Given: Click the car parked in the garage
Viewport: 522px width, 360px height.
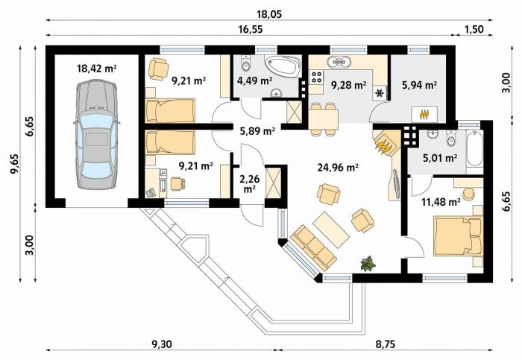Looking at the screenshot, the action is click(96, 134).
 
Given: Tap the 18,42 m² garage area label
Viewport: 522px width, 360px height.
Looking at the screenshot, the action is click(96, 69).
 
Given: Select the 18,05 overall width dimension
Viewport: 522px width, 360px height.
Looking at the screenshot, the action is click(269, 14).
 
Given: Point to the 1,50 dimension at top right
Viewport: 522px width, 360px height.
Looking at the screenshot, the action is click(474, 29).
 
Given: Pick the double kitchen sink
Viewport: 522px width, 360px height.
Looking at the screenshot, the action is click(339, 62).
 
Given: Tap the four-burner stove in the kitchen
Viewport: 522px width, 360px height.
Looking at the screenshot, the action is click(316, 78).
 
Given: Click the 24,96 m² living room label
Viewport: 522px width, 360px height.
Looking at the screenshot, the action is click(338, 168).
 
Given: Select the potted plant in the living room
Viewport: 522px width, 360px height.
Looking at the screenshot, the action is click(368, 264).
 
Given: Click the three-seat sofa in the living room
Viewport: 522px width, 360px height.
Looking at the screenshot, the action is click(313, 247).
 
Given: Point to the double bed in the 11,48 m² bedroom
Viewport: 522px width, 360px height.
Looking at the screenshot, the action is click(458, 236).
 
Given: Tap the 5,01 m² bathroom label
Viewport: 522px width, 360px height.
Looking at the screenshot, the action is click(439, 157).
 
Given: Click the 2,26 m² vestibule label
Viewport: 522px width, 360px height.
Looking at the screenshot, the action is click(250, 183).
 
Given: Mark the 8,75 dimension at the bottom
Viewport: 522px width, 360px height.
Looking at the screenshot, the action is click(386, 344).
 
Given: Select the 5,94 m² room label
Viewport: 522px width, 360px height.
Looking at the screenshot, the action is click(419, 85).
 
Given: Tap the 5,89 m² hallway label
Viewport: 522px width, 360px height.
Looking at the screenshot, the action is click(257, 131).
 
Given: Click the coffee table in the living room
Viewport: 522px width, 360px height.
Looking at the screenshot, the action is click(331, 230).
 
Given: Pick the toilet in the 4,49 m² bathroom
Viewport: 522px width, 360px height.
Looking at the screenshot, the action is click(245, 63).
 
